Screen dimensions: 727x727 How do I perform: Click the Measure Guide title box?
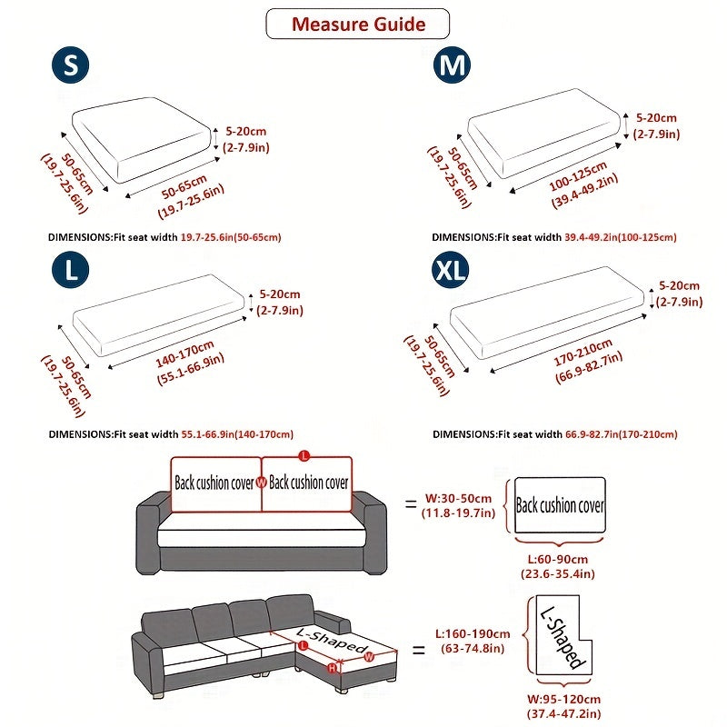[x=357, y=24]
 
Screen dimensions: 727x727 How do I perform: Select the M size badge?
[x=452, y=66]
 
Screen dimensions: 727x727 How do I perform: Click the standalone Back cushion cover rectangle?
[x=560, y=505]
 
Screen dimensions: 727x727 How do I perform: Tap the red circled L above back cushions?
[x=304, y=453]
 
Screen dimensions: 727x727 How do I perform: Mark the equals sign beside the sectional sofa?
[x=419, y=650]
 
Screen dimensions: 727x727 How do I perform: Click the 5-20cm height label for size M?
[x=656, y=125]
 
